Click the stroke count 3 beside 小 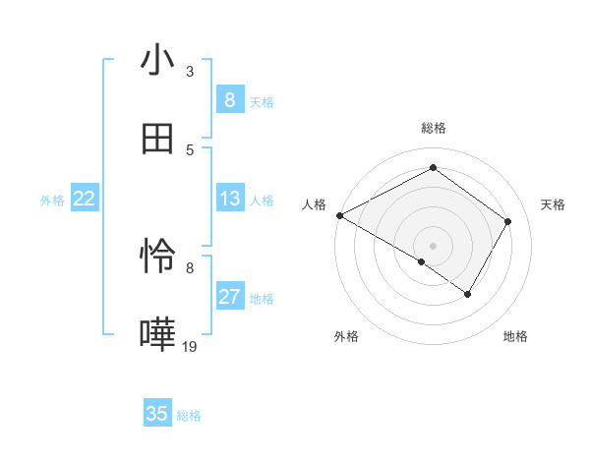coord(190,72)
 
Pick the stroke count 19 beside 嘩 coord(190,346)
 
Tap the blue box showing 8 coord(229,100)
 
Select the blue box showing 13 coord(229,199)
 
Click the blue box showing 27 coord(229,297)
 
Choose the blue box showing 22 coord(85,199)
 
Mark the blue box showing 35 coord(157,414)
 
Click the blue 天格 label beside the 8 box coord(262,102)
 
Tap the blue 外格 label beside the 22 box coord(52,201)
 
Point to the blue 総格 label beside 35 coord(189,416)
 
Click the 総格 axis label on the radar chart coord(433,128)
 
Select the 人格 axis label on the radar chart coord(315,204)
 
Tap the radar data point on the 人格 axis coord(339,214)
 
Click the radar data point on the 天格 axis coord(507,221)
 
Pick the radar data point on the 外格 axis coord(422,261)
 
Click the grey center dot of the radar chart coord(433,245)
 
